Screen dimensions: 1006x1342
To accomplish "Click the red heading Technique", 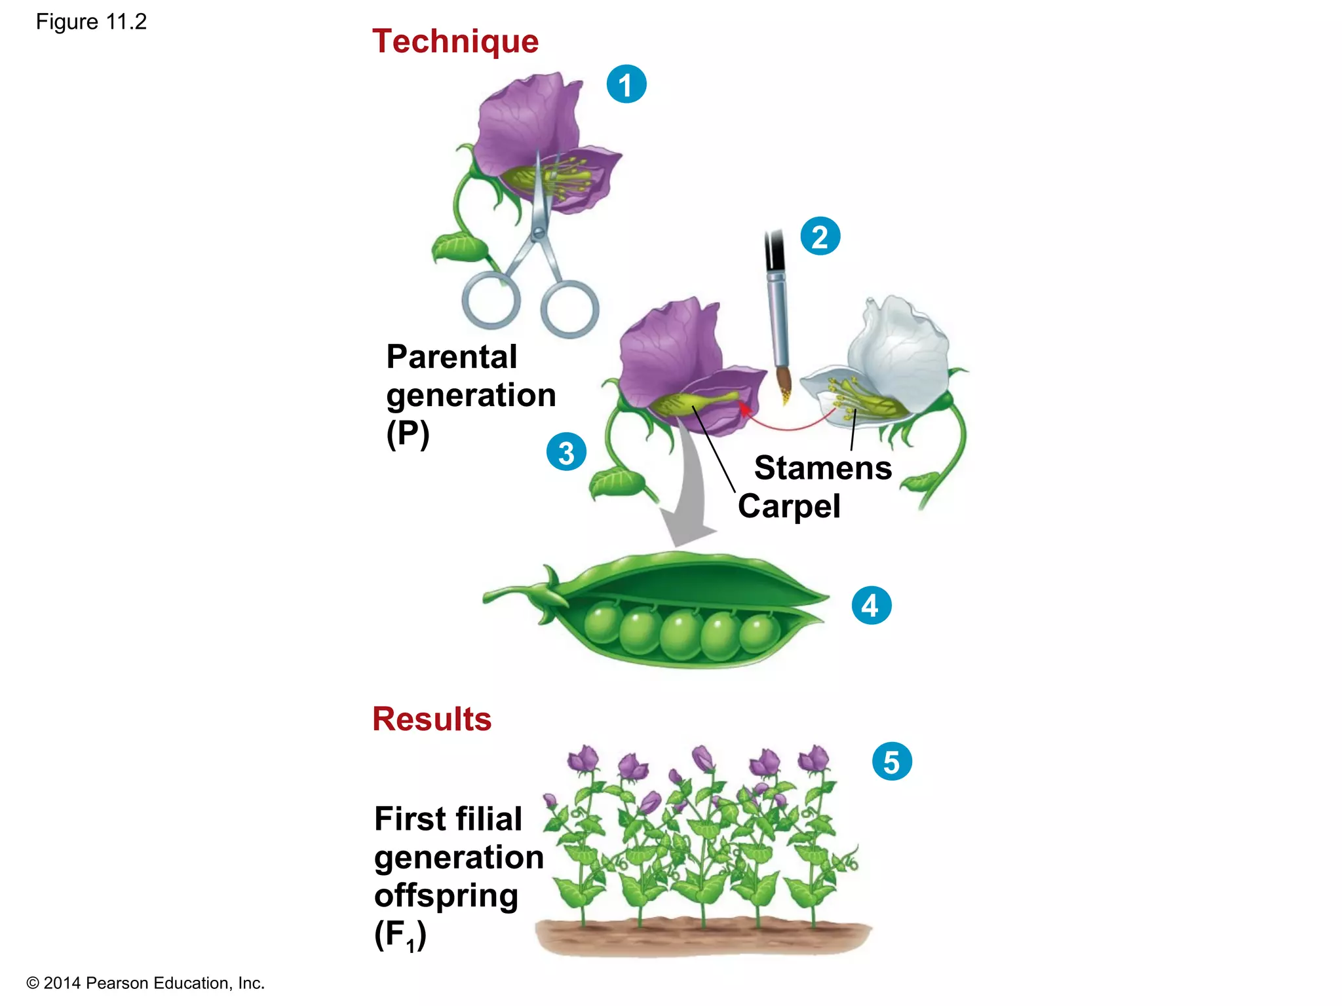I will [455, 42].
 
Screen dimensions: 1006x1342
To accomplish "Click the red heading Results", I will [432, 719].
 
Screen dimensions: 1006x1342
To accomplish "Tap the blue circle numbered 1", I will [626, 84].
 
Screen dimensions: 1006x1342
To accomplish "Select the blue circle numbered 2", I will [820, 236].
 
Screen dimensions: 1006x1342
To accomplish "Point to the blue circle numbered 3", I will [566, 452].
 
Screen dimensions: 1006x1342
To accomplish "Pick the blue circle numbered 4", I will [872, 605].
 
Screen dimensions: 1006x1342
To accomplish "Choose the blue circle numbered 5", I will [892, 762].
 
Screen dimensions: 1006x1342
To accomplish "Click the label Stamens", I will [823, 468].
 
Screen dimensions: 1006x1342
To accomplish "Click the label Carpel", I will [789, 506].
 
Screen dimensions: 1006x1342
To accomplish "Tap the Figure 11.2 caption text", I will [91, 22].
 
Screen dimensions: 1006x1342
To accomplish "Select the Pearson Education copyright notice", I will [145, 983].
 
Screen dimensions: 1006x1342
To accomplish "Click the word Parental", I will [451, 358].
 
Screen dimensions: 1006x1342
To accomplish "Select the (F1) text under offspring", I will [400, 935].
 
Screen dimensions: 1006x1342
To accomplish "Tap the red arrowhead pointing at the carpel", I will [744, 409].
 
